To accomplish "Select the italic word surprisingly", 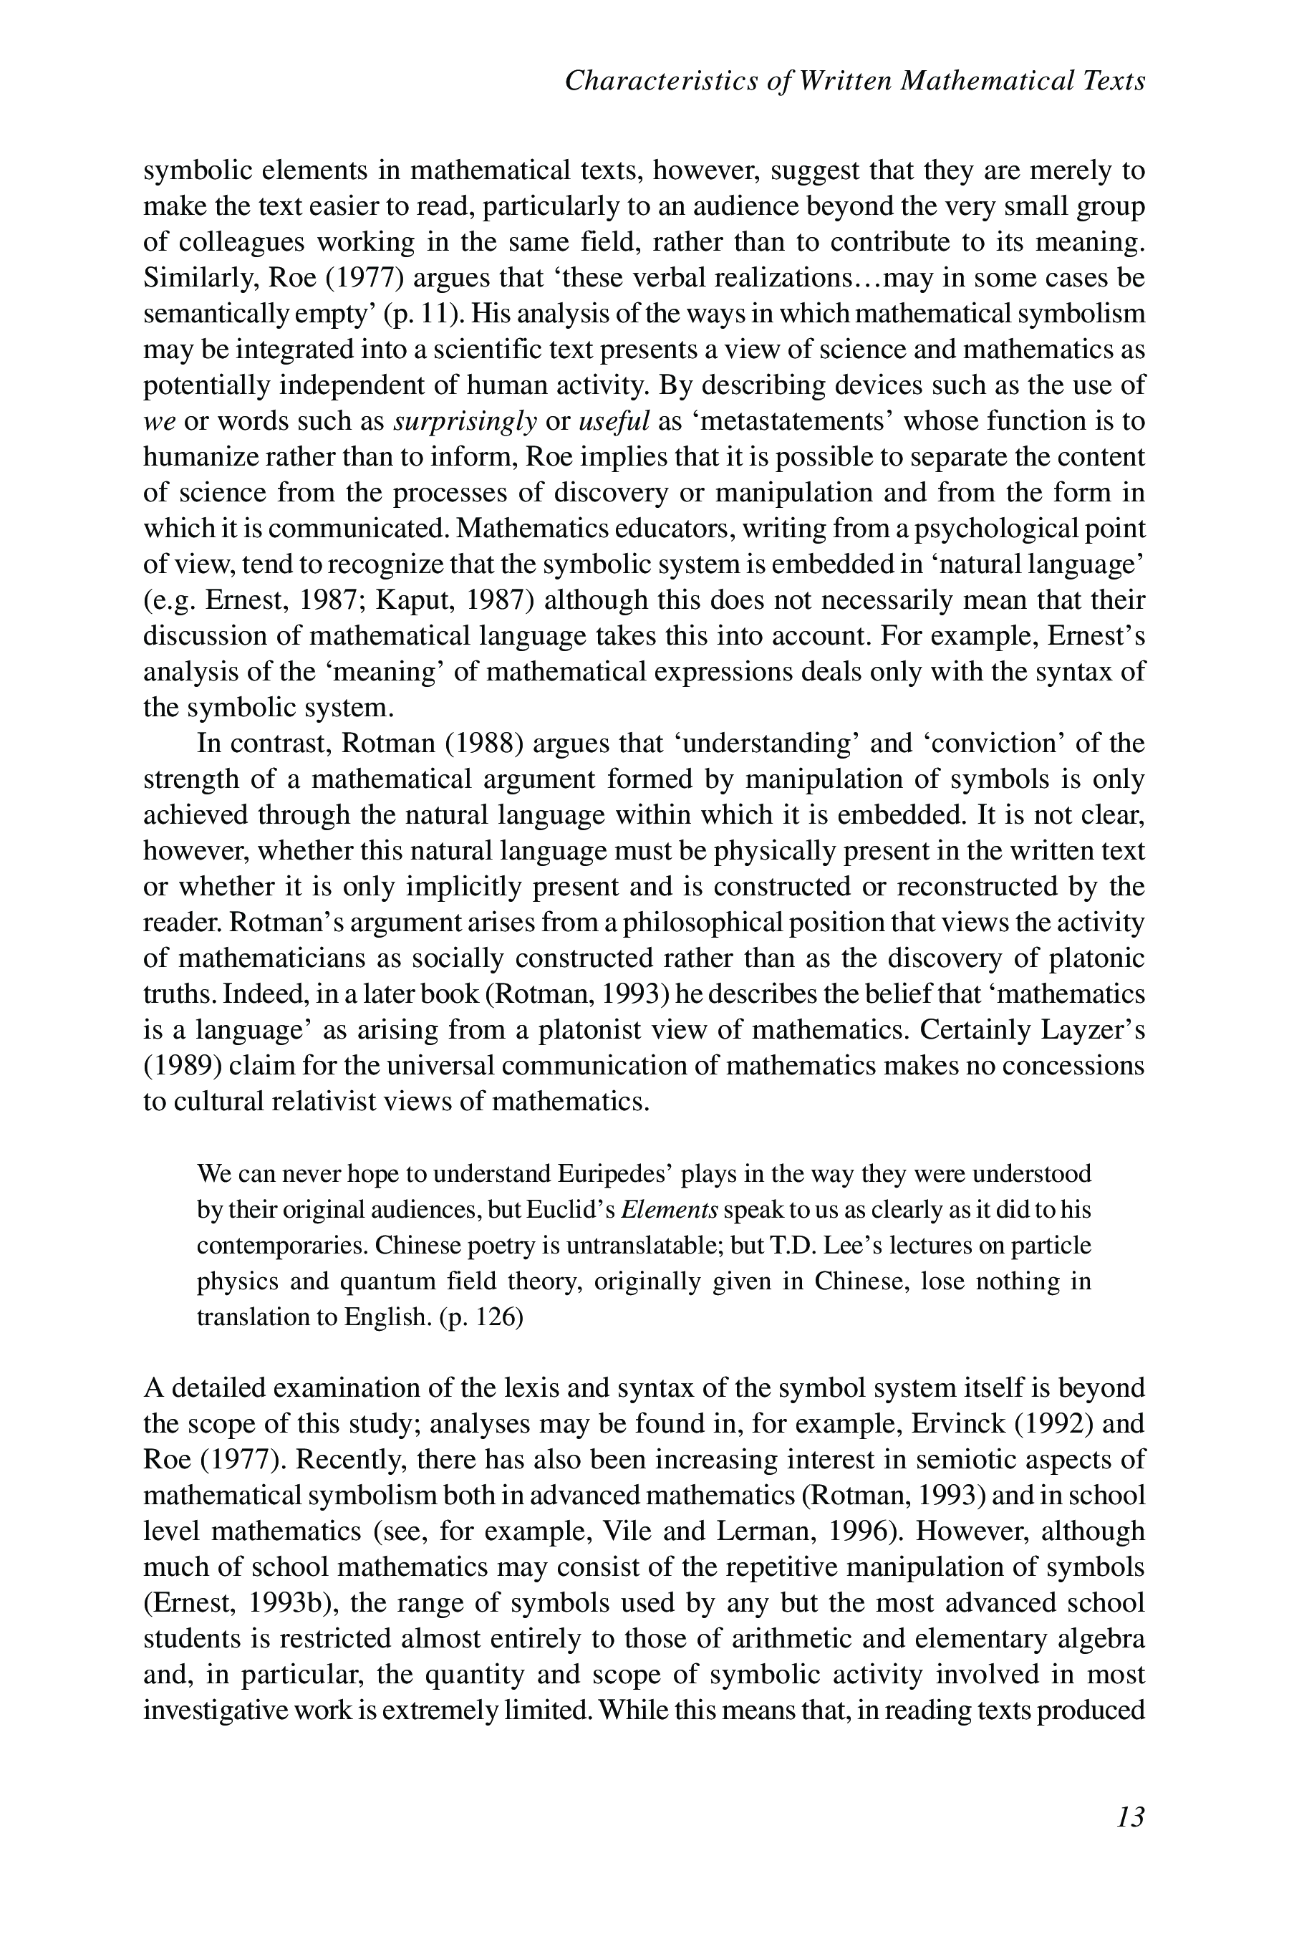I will pyautogui.click(x=465, y=421).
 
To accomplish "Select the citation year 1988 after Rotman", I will pyautogui.click(x=485, y=744).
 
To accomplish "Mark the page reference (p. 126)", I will pyautogui.click(x=482, y=1317).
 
